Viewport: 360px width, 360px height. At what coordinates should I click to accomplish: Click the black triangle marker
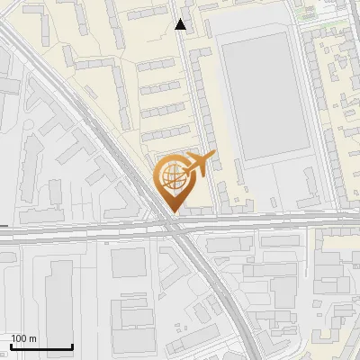[x=181, y=24]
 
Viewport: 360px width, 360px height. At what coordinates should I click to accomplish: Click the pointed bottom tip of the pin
[x=171, y=212]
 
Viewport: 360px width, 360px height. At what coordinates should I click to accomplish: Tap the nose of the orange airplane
[x=212, y=157]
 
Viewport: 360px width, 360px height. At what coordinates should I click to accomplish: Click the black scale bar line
[x=41, y=347]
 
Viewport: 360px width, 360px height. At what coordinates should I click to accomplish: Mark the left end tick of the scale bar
[x=11, y=346]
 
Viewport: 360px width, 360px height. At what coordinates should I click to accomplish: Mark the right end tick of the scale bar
[x=72, y=346]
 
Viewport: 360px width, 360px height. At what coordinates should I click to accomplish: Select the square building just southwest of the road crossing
[x=128, y=264]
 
